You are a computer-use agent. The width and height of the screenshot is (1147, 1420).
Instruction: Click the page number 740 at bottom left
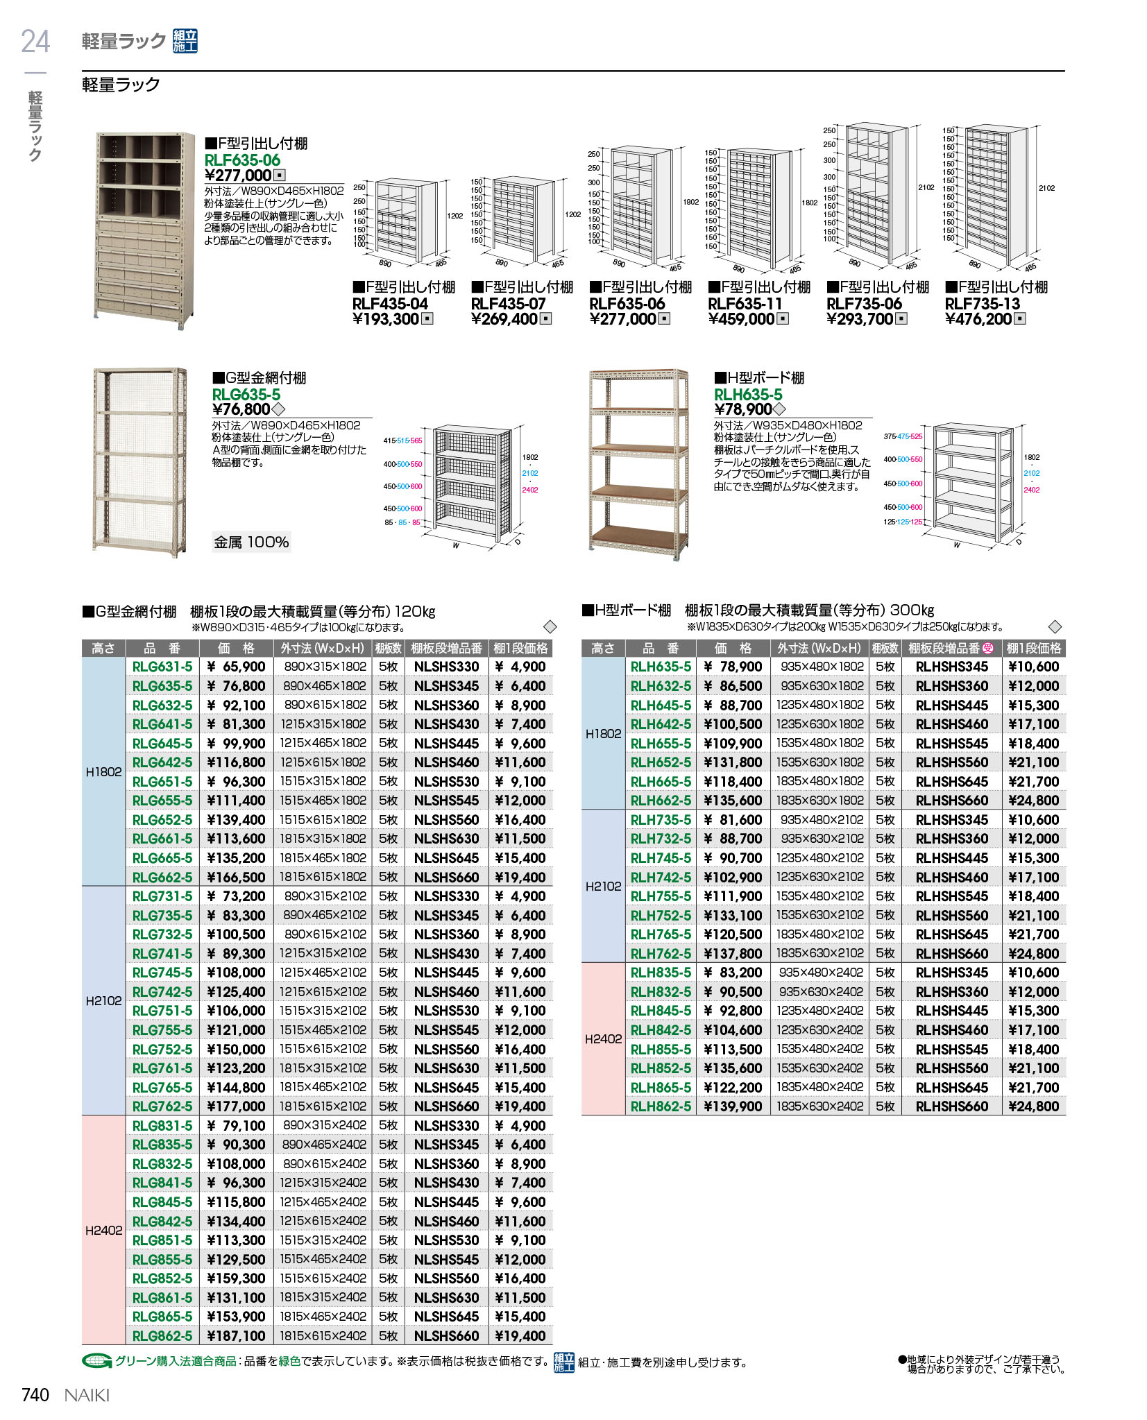pos(35,1394)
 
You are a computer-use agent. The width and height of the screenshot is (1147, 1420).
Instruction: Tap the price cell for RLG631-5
pos(236,667)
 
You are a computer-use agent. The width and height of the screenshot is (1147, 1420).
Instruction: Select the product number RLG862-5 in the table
pos(162,1335)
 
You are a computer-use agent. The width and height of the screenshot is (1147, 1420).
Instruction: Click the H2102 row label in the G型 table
pos(103,1001)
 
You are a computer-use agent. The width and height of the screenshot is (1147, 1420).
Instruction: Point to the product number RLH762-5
pos(661,953)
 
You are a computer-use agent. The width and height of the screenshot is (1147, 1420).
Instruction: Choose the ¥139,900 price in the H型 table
pos(733,1106)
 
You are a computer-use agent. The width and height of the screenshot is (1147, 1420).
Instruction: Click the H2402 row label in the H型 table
pos(603,1039)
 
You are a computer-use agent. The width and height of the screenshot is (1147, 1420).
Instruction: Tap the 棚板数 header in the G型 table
pos(388,648)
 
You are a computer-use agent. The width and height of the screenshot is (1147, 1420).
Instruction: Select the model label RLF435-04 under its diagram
pos(391,304)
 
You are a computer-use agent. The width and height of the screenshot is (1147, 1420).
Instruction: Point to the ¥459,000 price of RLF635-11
pos(741,319)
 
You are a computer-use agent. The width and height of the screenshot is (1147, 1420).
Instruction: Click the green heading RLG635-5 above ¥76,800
pos(246,394)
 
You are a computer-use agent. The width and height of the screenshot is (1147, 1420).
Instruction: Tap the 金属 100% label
pos(251,542)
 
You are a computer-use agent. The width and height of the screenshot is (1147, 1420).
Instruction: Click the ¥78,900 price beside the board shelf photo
pos(743,409)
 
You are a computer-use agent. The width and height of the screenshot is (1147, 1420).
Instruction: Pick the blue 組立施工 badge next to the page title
pos(185,42)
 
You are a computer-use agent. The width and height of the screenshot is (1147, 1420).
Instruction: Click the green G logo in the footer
pos(96,1361)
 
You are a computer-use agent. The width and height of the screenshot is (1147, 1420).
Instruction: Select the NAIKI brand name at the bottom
pos(87,1395)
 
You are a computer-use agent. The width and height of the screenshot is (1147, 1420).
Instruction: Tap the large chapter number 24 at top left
pos(35,42)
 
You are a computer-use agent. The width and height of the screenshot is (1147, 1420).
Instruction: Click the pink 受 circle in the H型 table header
pos(988,648)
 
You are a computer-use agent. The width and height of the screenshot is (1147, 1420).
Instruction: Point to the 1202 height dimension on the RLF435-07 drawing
pos(573,215)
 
